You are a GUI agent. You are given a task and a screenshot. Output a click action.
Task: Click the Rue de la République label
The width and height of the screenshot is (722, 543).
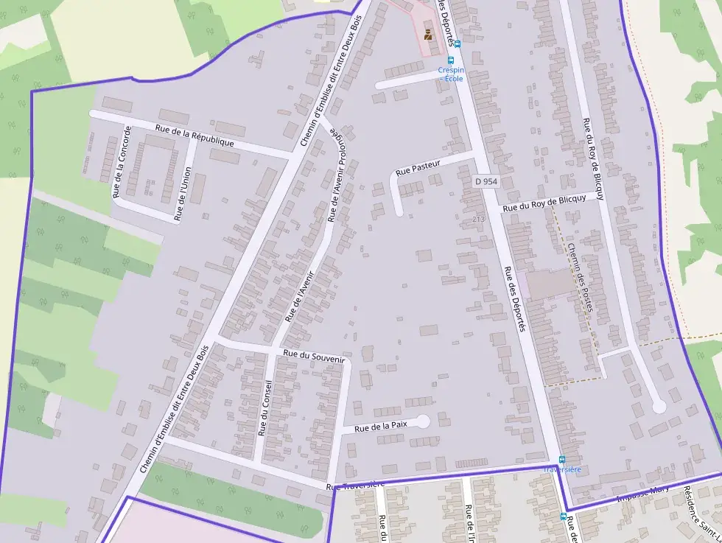pos(194,136)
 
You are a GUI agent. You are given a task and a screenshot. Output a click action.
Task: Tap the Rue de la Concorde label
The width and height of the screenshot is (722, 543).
pos(122,162)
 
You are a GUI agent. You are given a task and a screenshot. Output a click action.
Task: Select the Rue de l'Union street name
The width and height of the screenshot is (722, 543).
pos(183,194)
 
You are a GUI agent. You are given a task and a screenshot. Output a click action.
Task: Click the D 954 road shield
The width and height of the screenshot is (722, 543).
pos(486,181)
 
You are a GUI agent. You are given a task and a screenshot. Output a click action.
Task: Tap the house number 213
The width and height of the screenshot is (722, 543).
pos(478,219)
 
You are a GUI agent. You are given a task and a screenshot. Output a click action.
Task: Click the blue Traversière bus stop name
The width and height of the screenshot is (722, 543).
pos(562,469)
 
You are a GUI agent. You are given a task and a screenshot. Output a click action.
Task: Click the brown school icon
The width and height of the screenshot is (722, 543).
pos(428,33)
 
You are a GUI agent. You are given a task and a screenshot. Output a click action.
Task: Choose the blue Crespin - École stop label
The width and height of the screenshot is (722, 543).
pos(452,74)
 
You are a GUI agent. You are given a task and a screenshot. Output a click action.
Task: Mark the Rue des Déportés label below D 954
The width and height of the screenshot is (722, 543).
pos(513,298)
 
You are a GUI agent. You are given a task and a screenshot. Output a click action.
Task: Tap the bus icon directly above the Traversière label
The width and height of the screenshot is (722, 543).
pos(562,459)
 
